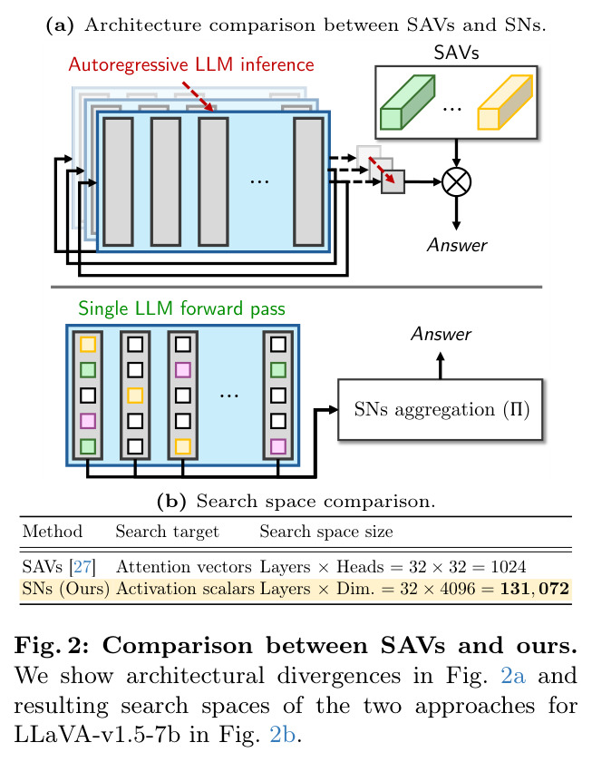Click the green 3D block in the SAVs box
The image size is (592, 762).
click(407, 102)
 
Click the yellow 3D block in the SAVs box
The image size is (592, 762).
click(505, 102)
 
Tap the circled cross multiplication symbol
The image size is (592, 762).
click(456, 181)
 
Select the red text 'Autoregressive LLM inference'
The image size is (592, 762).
click(191, 64)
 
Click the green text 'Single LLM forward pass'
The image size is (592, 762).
click(181, 308)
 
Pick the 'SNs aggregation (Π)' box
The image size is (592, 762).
click(440, 410)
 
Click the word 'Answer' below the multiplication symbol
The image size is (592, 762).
click(457, 246)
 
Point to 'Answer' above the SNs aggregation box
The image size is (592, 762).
click(441, 335)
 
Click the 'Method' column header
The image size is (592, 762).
click(53, 532)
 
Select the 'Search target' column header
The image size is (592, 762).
click(167, 532)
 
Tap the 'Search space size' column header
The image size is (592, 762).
click(325, 532)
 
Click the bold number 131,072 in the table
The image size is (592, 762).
click(534, 589)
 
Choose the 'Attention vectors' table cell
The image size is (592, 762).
click(183, 567)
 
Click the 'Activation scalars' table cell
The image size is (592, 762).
click(185, 589)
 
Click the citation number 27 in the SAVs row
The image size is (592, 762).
click(82, 567)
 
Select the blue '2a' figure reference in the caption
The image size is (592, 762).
click(513, 676)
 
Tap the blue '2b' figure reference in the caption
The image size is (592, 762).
click(282, 734)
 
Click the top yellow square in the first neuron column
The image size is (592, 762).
click(88, 345)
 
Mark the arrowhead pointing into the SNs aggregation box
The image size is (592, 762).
click(333, 410)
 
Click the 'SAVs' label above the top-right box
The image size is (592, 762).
click(457, 53)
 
